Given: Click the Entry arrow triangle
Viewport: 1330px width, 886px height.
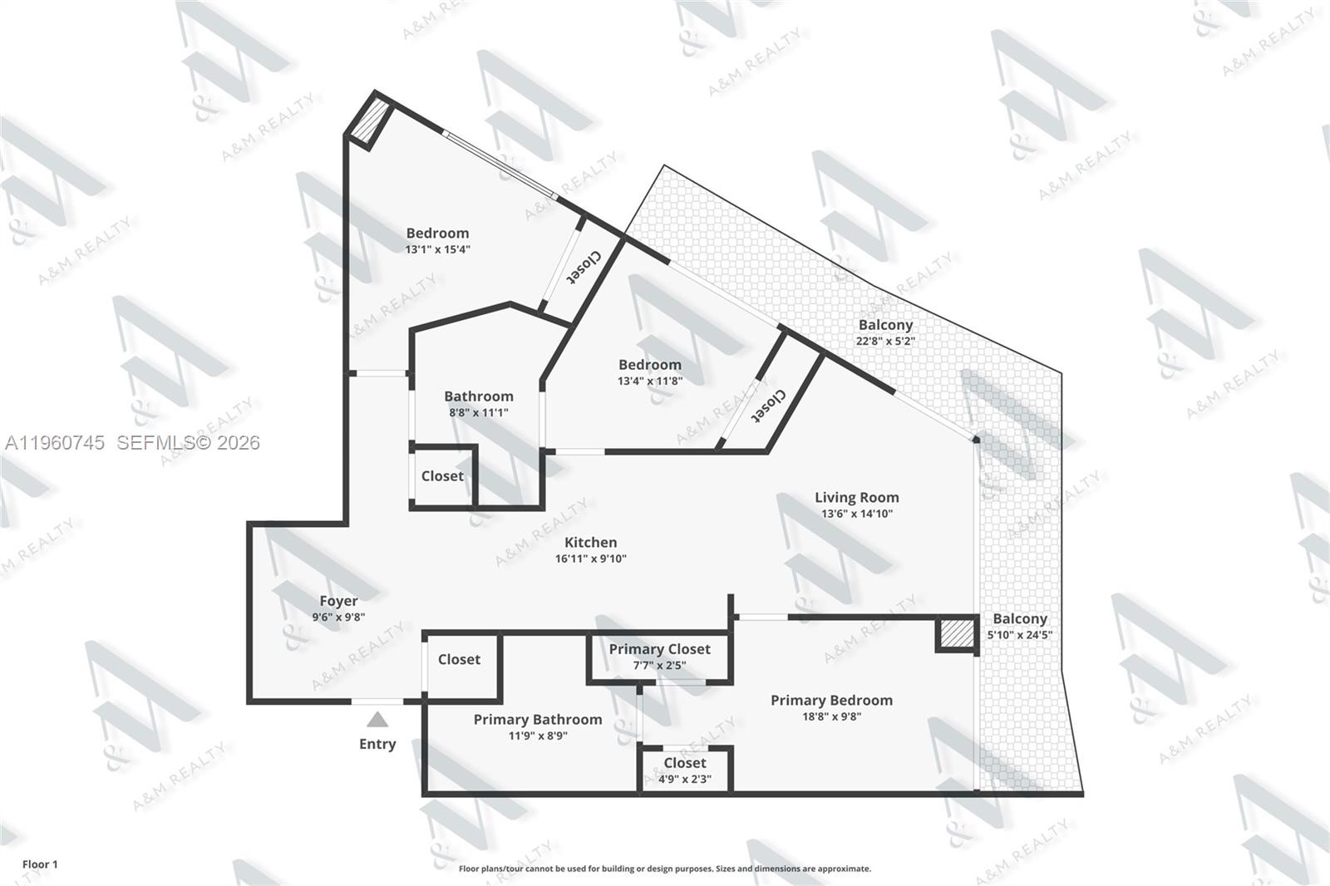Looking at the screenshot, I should (377, 720).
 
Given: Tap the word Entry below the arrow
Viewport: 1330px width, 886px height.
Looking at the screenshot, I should (377, 744).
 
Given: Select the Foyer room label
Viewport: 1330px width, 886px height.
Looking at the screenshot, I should (338, 601).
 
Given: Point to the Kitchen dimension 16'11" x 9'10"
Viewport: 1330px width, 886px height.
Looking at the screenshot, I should (591, 559).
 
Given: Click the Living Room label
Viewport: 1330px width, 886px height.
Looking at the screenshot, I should (856, 498).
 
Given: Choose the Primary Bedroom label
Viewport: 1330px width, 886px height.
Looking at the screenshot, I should (831, 701).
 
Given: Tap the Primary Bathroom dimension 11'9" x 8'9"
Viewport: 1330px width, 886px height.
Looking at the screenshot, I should (538, 736).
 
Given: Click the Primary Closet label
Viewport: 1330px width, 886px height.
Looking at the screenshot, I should (659, 649).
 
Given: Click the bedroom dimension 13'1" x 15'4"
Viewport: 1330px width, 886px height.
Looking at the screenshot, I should (437, 249).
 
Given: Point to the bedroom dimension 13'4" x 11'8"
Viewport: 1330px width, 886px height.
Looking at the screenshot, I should (649, 381).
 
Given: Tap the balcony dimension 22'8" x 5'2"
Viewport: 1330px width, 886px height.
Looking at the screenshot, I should (885, 341).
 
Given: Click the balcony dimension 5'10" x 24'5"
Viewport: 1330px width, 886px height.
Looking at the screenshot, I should (1019, 635).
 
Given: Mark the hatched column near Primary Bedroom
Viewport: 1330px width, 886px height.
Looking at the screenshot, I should (956, 635).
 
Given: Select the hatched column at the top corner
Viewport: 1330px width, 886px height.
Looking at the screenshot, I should (368, 121).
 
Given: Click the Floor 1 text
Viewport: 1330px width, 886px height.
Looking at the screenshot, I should (40, 864).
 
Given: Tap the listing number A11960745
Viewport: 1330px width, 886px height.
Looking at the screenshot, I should (55, 443).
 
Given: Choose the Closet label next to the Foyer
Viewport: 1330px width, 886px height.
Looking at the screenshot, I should (459, 659).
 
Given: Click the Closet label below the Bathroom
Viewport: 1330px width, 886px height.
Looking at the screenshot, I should (442, 476).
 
